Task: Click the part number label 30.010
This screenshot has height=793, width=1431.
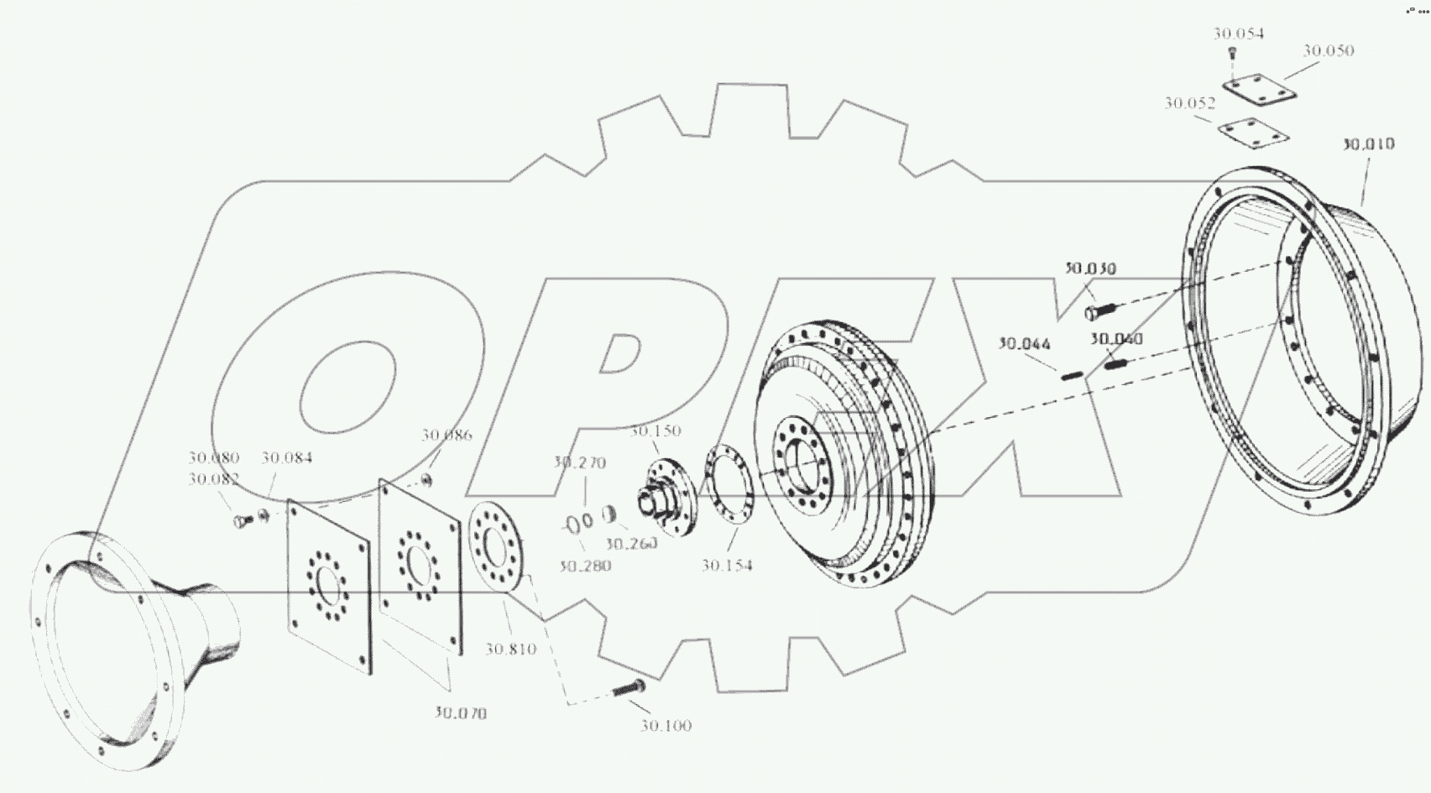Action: point(1367,144)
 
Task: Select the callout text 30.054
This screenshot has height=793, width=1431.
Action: point(1238,34)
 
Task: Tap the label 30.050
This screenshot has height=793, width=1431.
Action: point(1328,50)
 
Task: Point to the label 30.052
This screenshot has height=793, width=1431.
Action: point(1189,103)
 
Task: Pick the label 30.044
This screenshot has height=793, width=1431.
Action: point(1023,344)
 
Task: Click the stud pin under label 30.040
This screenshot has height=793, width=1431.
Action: point(1114,364)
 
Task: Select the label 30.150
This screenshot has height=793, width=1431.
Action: point(655,431)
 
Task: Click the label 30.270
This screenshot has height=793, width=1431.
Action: point(579,462)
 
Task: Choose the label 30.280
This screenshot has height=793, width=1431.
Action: point(585,566)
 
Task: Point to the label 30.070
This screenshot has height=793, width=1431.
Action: point(460,713)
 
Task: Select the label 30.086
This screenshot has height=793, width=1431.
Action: point(447,436)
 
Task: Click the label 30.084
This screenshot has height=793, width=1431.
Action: point(286,458)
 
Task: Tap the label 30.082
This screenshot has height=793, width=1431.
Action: point(213,479)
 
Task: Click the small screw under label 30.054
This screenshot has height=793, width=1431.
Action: point(1232,53)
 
